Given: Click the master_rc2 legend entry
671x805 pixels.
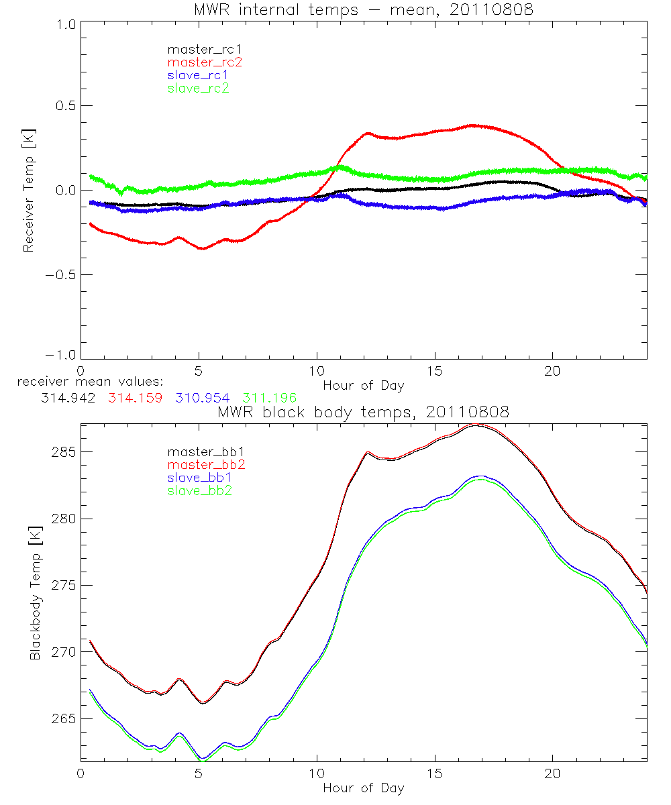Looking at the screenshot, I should (205, 62).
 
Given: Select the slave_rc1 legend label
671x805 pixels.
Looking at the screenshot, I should (198, 75).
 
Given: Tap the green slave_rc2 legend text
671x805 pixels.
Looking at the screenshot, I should (198, 88).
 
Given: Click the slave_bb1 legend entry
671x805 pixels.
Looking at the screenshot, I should (198, 478).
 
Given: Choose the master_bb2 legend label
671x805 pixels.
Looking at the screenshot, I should (205, 464).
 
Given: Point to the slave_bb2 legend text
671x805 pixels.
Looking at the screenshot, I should (198, 491).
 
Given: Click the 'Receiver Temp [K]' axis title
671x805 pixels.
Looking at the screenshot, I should (28, 191).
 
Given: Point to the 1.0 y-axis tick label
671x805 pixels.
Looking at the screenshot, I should (64, 24).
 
